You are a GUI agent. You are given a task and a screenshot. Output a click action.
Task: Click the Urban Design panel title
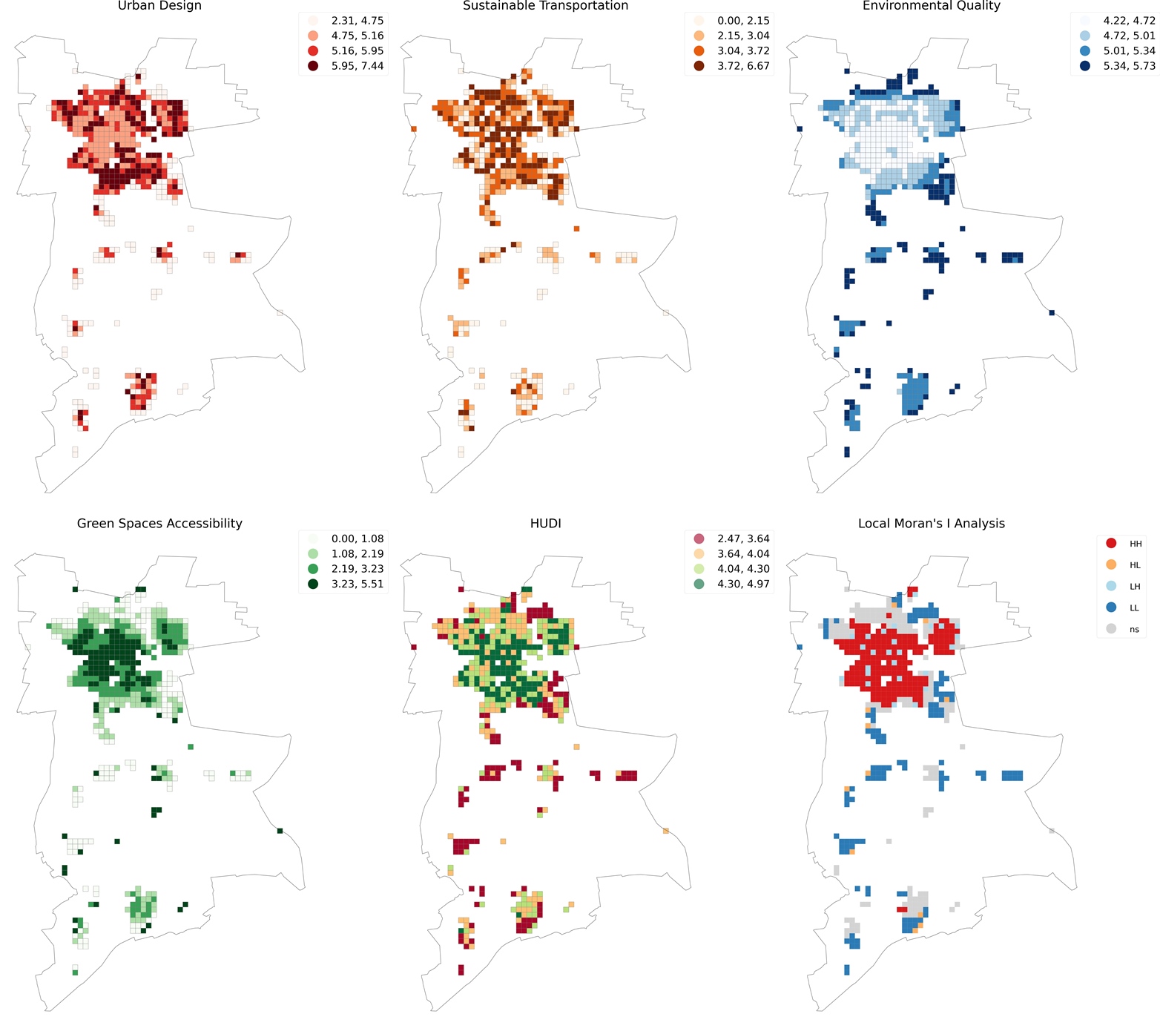159,6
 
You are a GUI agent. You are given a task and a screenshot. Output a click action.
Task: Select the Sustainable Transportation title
545,6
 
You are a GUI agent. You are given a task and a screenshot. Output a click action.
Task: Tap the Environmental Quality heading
931,6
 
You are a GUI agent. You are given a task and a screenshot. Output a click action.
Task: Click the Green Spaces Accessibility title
159,523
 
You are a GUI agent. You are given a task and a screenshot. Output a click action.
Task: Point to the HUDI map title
545,523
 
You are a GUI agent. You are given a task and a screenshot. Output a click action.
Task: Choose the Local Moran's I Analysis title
931,523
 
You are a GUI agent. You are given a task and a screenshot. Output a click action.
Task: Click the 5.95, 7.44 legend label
357,66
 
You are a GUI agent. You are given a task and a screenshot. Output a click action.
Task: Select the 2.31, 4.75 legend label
357,21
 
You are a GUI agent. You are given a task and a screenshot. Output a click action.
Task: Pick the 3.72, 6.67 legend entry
743,66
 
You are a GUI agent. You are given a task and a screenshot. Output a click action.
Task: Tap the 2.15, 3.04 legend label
743,36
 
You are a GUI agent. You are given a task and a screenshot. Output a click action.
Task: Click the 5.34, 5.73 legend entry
1129,66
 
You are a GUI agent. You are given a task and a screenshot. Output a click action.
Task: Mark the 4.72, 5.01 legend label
1129,36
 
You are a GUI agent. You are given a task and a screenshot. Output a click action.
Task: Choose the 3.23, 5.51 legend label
357,584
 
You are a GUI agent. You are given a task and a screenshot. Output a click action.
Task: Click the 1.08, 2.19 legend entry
357,553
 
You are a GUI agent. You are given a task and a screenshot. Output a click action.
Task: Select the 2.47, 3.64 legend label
743,539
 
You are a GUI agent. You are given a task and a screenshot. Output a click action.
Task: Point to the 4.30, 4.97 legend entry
743,584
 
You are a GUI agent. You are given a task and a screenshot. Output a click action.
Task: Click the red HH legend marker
1111,544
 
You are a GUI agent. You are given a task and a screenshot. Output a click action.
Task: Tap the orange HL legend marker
1111,565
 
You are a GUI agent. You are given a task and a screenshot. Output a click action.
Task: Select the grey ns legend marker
1111,629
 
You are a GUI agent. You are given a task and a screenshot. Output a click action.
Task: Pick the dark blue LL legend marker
1111,607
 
